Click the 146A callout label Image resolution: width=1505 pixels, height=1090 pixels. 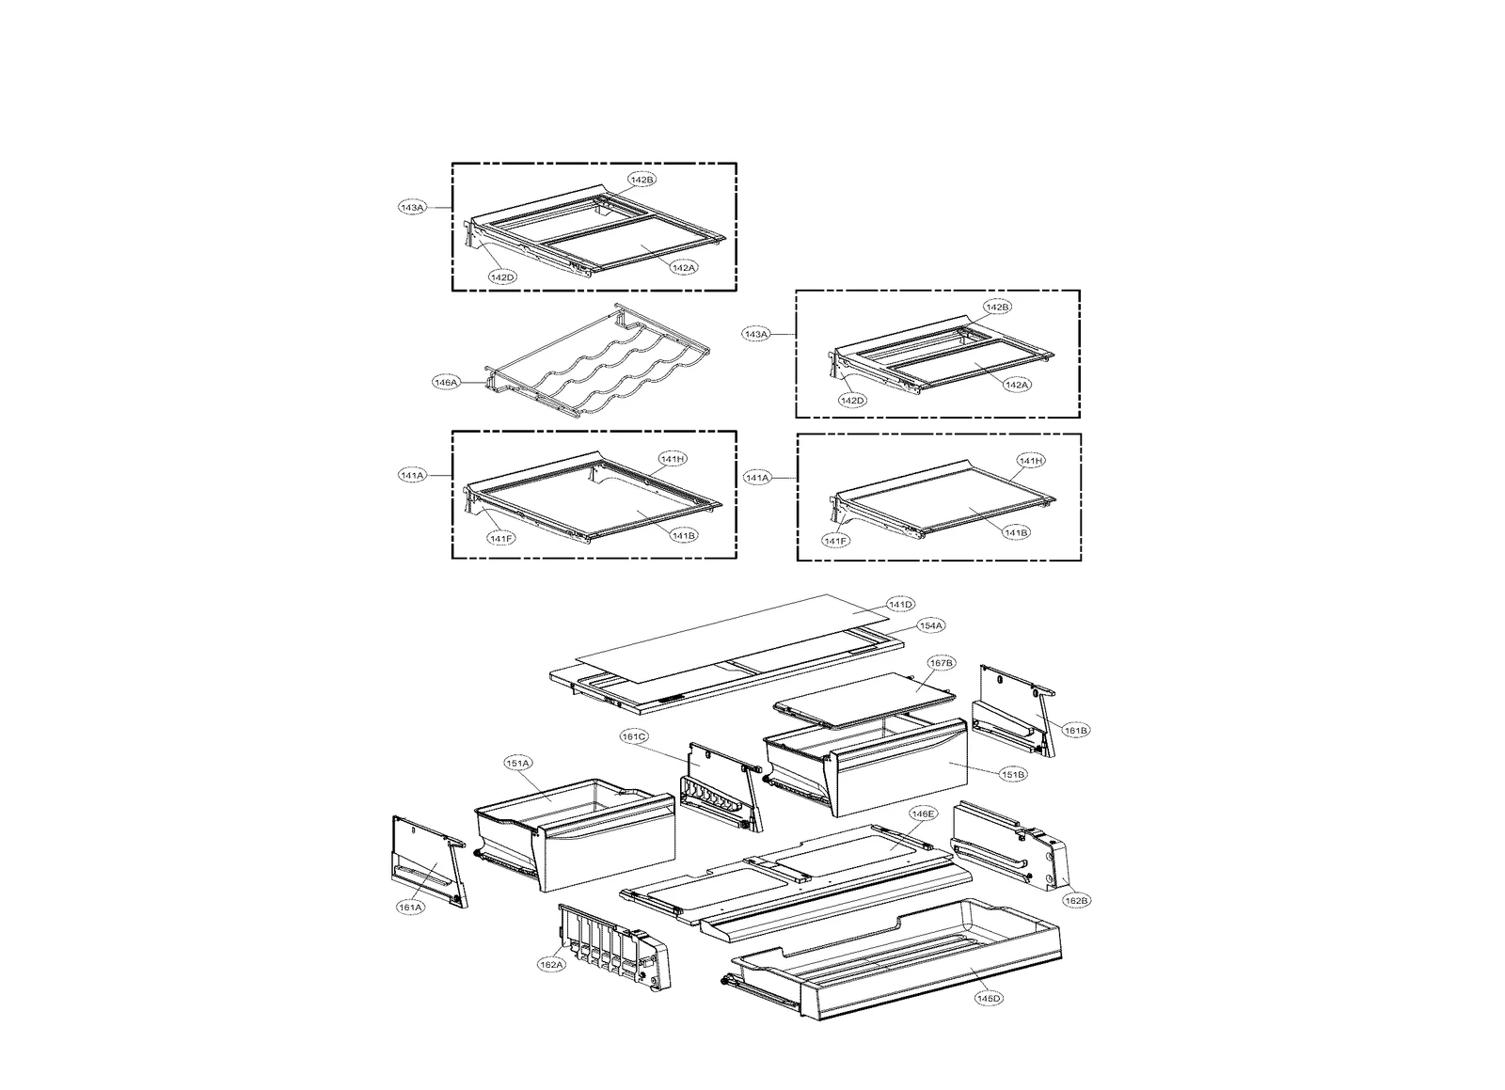tap(445, 383)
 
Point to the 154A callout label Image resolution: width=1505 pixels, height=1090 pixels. tap(931, 625)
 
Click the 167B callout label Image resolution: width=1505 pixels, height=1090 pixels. tap(942, 663)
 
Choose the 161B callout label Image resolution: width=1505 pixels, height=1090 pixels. tap(1076, 730)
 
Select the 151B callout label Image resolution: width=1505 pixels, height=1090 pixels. tap(1014, 774)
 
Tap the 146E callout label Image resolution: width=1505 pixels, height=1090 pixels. tap(923, 813)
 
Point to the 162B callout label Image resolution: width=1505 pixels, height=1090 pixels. tap(1076, 900)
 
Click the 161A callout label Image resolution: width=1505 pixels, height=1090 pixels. tap(410, 908)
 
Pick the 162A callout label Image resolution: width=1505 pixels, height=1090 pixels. tap(550, 964)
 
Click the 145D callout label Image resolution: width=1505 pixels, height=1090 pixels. tap(988, 998)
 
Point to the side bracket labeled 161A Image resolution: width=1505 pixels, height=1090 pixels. tap(428, 861)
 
